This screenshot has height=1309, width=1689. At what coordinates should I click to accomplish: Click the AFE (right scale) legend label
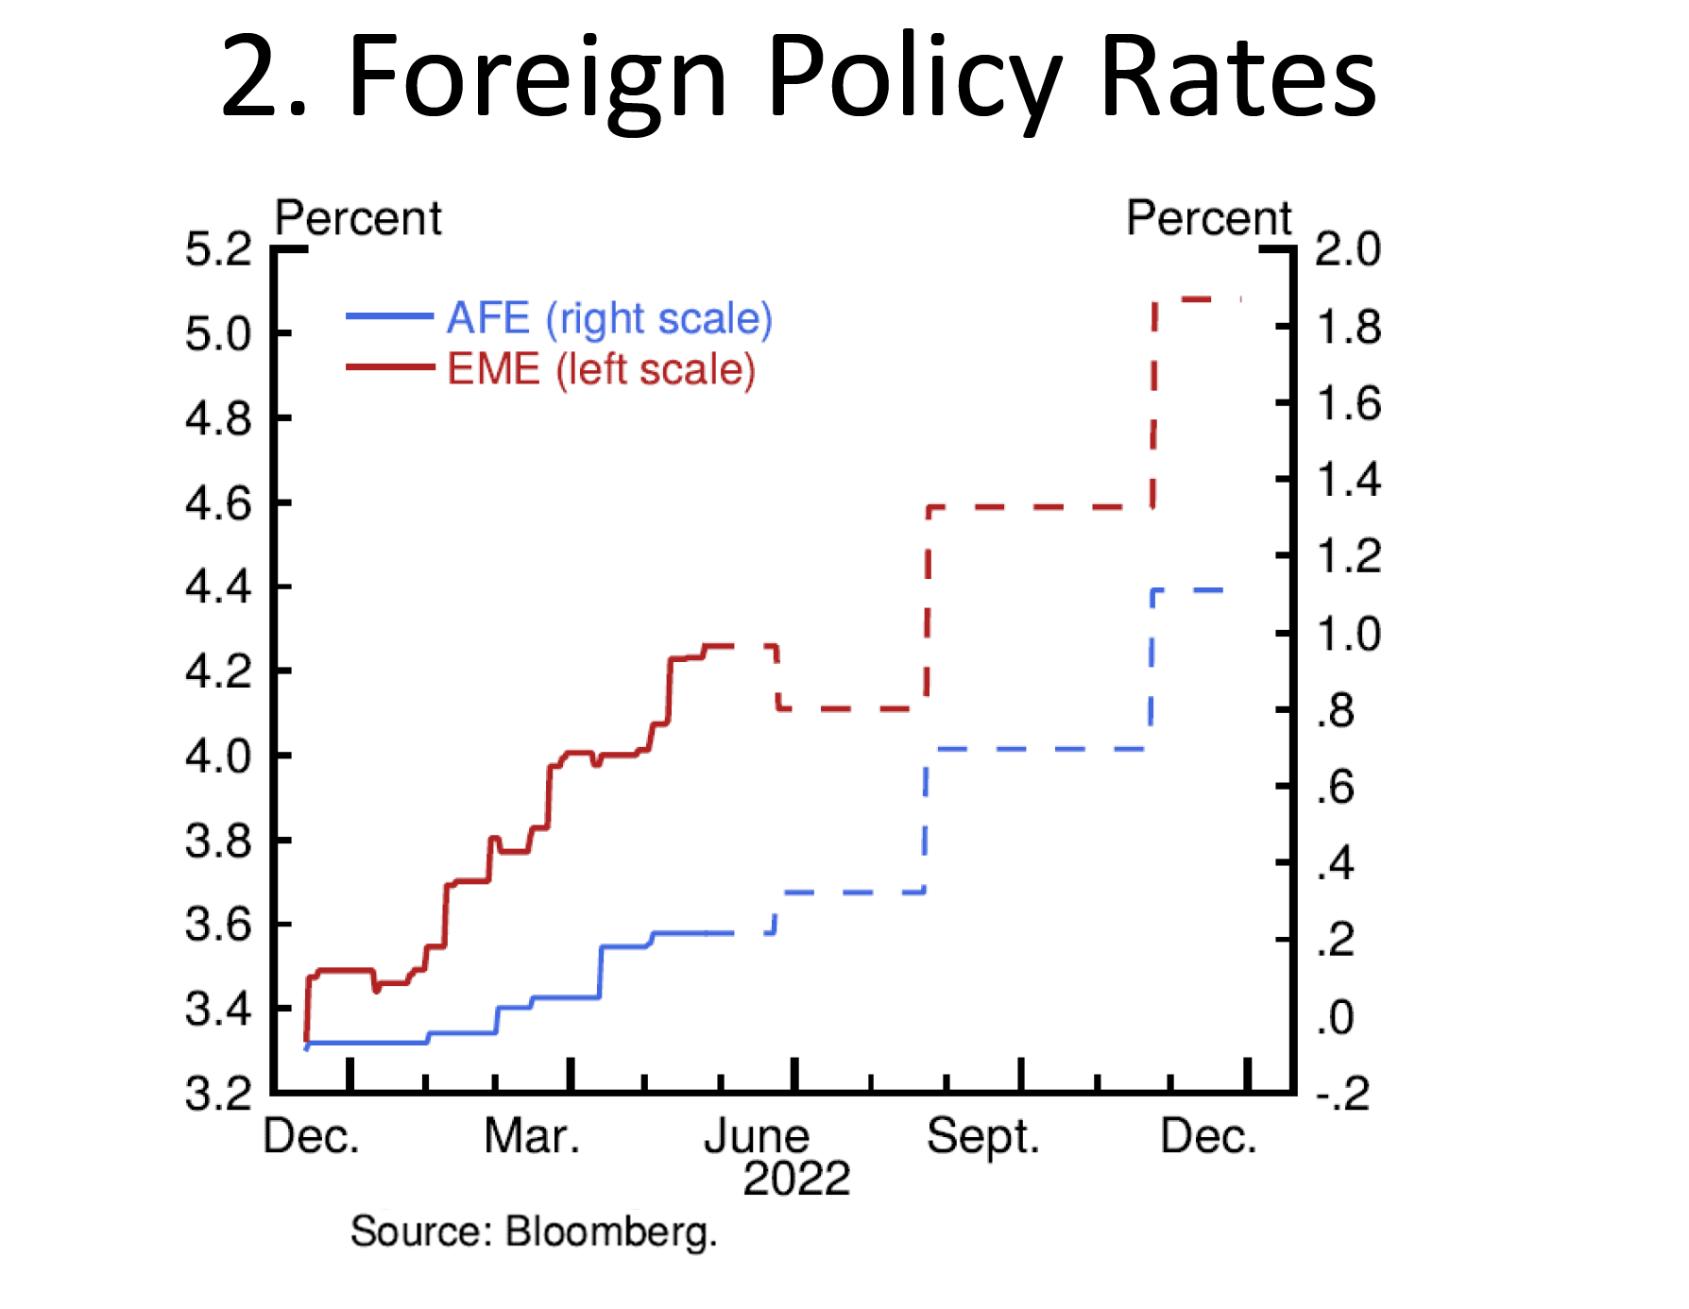(x=609, y=318)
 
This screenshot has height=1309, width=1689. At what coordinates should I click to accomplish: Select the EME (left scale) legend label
(x=601, y=369)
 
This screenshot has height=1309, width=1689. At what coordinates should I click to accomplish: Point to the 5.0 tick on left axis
(x=218, y=334)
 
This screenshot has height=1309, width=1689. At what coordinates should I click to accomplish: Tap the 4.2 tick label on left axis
(x=218, y=671)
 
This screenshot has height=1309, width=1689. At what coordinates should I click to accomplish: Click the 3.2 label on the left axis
(x=218, y=1094)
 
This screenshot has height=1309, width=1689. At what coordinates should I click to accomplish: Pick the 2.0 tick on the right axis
(x=1348, y=249)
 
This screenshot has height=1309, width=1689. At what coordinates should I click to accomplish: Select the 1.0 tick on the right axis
(x=1348, y=634)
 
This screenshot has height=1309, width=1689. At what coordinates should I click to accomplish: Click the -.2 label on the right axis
(x=1342, y=1094)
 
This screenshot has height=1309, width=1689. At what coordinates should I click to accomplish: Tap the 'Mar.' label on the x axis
(x=532, y=1136)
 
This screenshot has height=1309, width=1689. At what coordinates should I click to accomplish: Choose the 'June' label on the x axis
(x=757, y=1136)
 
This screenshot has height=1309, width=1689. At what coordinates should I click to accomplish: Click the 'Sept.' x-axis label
(x=982, y=1136)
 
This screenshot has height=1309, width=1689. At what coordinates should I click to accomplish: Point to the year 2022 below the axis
(x=796, y=1179)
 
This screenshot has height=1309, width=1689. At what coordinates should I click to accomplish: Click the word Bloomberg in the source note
(x=611, y=1232)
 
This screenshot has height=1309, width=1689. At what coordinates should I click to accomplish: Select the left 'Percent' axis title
(x=357, y=218)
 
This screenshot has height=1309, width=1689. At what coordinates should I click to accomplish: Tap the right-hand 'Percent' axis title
(x=1208, y=218)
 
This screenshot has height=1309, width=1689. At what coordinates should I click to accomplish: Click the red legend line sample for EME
(x=389, y=366)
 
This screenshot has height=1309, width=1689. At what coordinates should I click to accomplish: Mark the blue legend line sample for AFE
(x=389, y=316)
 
